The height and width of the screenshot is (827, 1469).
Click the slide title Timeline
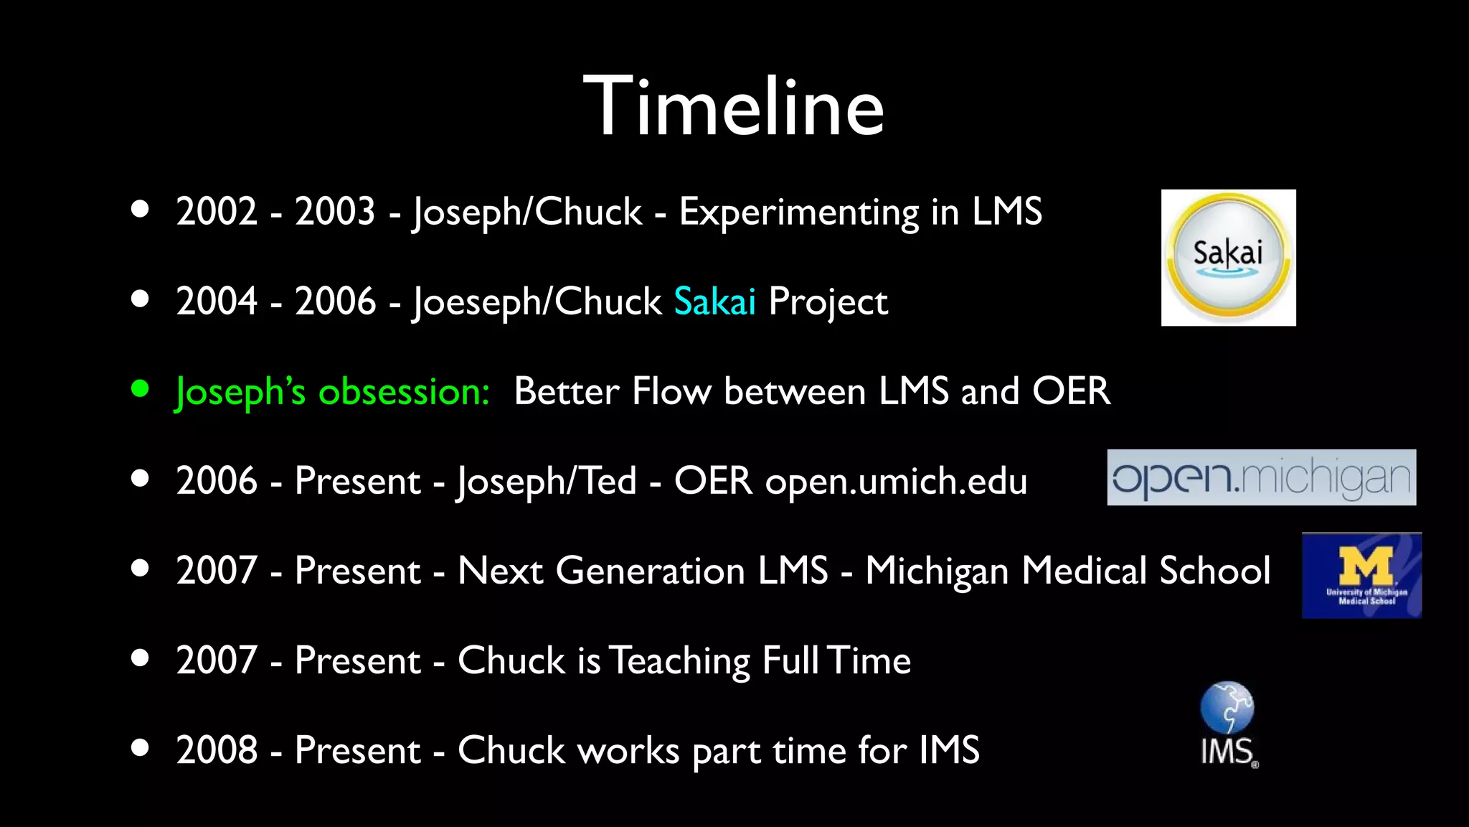733,108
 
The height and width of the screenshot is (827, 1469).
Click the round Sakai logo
1228,257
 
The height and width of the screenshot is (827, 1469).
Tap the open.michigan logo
1261,477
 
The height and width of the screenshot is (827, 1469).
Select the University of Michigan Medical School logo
1361,575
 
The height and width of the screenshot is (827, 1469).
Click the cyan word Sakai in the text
714,302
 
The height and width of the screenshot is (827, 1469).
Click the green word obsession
404,392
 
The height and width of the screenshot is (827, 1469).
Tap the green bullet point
141,389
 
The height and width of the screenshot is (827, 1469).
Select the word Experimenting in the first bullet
798,212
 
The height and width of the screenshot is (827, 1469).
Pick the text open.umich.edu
896,482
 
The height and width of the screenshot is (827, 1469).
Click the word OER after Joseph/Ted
713,480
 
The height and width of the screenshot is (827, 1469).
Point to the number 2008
217,750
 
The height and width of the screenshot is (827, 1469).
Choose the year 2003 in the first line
335,212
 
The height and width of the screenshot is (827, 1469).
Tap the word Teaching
679,661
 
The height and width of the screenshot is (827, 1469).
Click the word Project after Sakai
828,302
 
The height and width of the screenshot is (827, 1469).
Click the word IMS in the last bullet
949,750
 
